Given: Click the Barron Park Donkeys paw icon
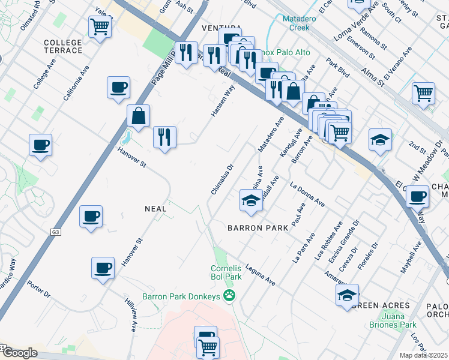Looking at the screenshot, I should click(229, 295).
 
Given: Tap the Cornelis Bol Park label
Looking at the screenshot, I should click(226, 272).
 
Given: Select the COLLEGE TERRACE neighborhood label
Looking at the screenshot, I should click(63, 46).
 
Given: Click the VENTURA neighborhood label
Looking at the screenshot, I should click(221, 29).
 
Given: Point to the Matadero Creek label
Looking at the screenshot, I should click(295, 23).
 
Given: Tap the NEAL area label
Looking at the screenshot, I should click(154, 208).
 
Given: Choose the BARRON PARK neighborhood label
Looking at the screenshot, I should click(259, 228).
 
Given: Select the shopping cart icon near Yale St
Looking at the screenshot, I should click(100, 26).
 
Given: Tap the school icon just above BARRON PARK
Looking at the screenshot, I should click(251, 200).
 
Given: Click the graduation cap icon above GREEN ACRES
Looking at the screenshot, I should click(347, 295).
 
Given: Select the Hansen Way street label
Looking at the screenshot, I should click(222, 100).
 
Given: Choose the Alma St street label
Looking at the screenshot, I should click(376, 79).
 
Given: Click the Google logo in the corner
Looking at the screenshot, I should click(20, 353).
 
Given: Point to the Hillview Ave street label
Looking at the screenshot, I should click(131, 314).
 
